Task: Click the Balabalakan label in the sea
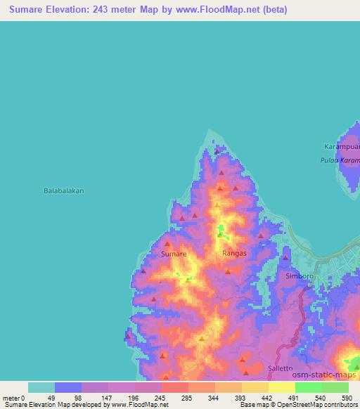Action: coord(64,190)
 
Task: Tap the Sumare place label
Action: coord(174,253)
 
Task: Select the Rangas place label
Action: coord(233,253)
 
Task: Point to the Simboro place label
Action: coord(300,276)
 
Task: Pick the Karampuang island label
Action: coord(342,146)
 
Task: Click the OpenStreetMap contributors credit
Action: coord(319,405)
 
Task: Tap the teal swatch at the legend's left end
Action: coord(41,387)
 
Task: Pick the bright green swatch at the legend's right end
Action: coord(335,387)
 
